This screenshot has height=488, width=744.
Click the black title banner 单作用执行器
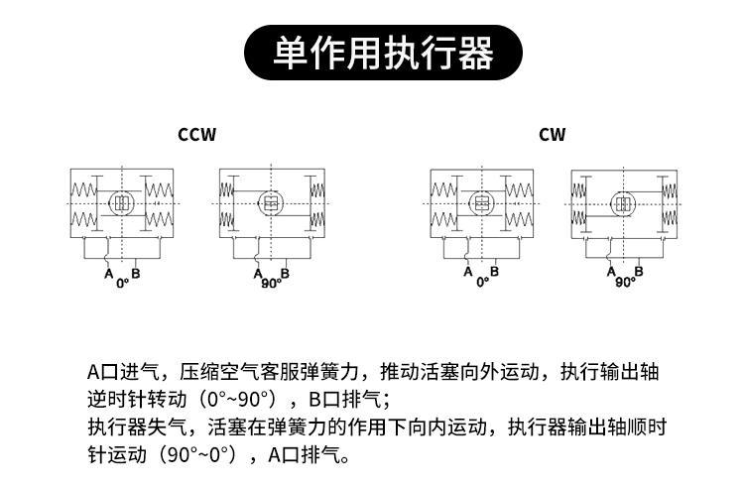(383, 53)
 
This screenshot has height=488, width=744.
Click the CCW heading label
(197, 135)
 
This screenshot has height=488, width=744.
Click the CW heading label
(553, 135)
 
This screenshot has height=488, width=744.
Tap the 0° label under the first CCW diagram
(123, 283)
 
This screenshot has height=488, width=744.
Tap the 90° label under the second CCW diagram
(272, 283)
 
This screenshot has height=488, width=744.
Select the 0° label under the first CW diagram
(482, 282)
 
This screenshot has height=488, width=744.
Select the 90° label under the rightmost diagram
(625, 282)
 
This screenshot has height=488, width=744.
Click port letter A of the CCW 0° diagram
(109, 273)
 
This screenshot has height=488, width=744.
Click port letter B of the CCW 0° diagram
(136, 273)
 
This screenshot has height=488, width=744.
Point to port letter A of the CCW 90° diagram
(258, 273)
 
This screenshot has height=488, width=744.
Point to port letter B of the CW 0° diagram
(494, 271)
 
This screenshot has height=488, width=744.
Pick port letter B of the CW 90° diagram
(639, 271)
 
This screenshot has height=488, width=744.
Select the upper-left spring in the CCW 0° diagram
(83, 190)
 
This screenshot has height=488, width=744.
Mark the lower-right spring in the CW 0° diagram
(520, 219)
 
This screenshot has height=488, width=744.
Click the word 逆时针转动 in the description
(137, 400)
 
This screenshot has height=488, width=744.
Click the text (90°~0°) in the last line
(197, 455)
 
